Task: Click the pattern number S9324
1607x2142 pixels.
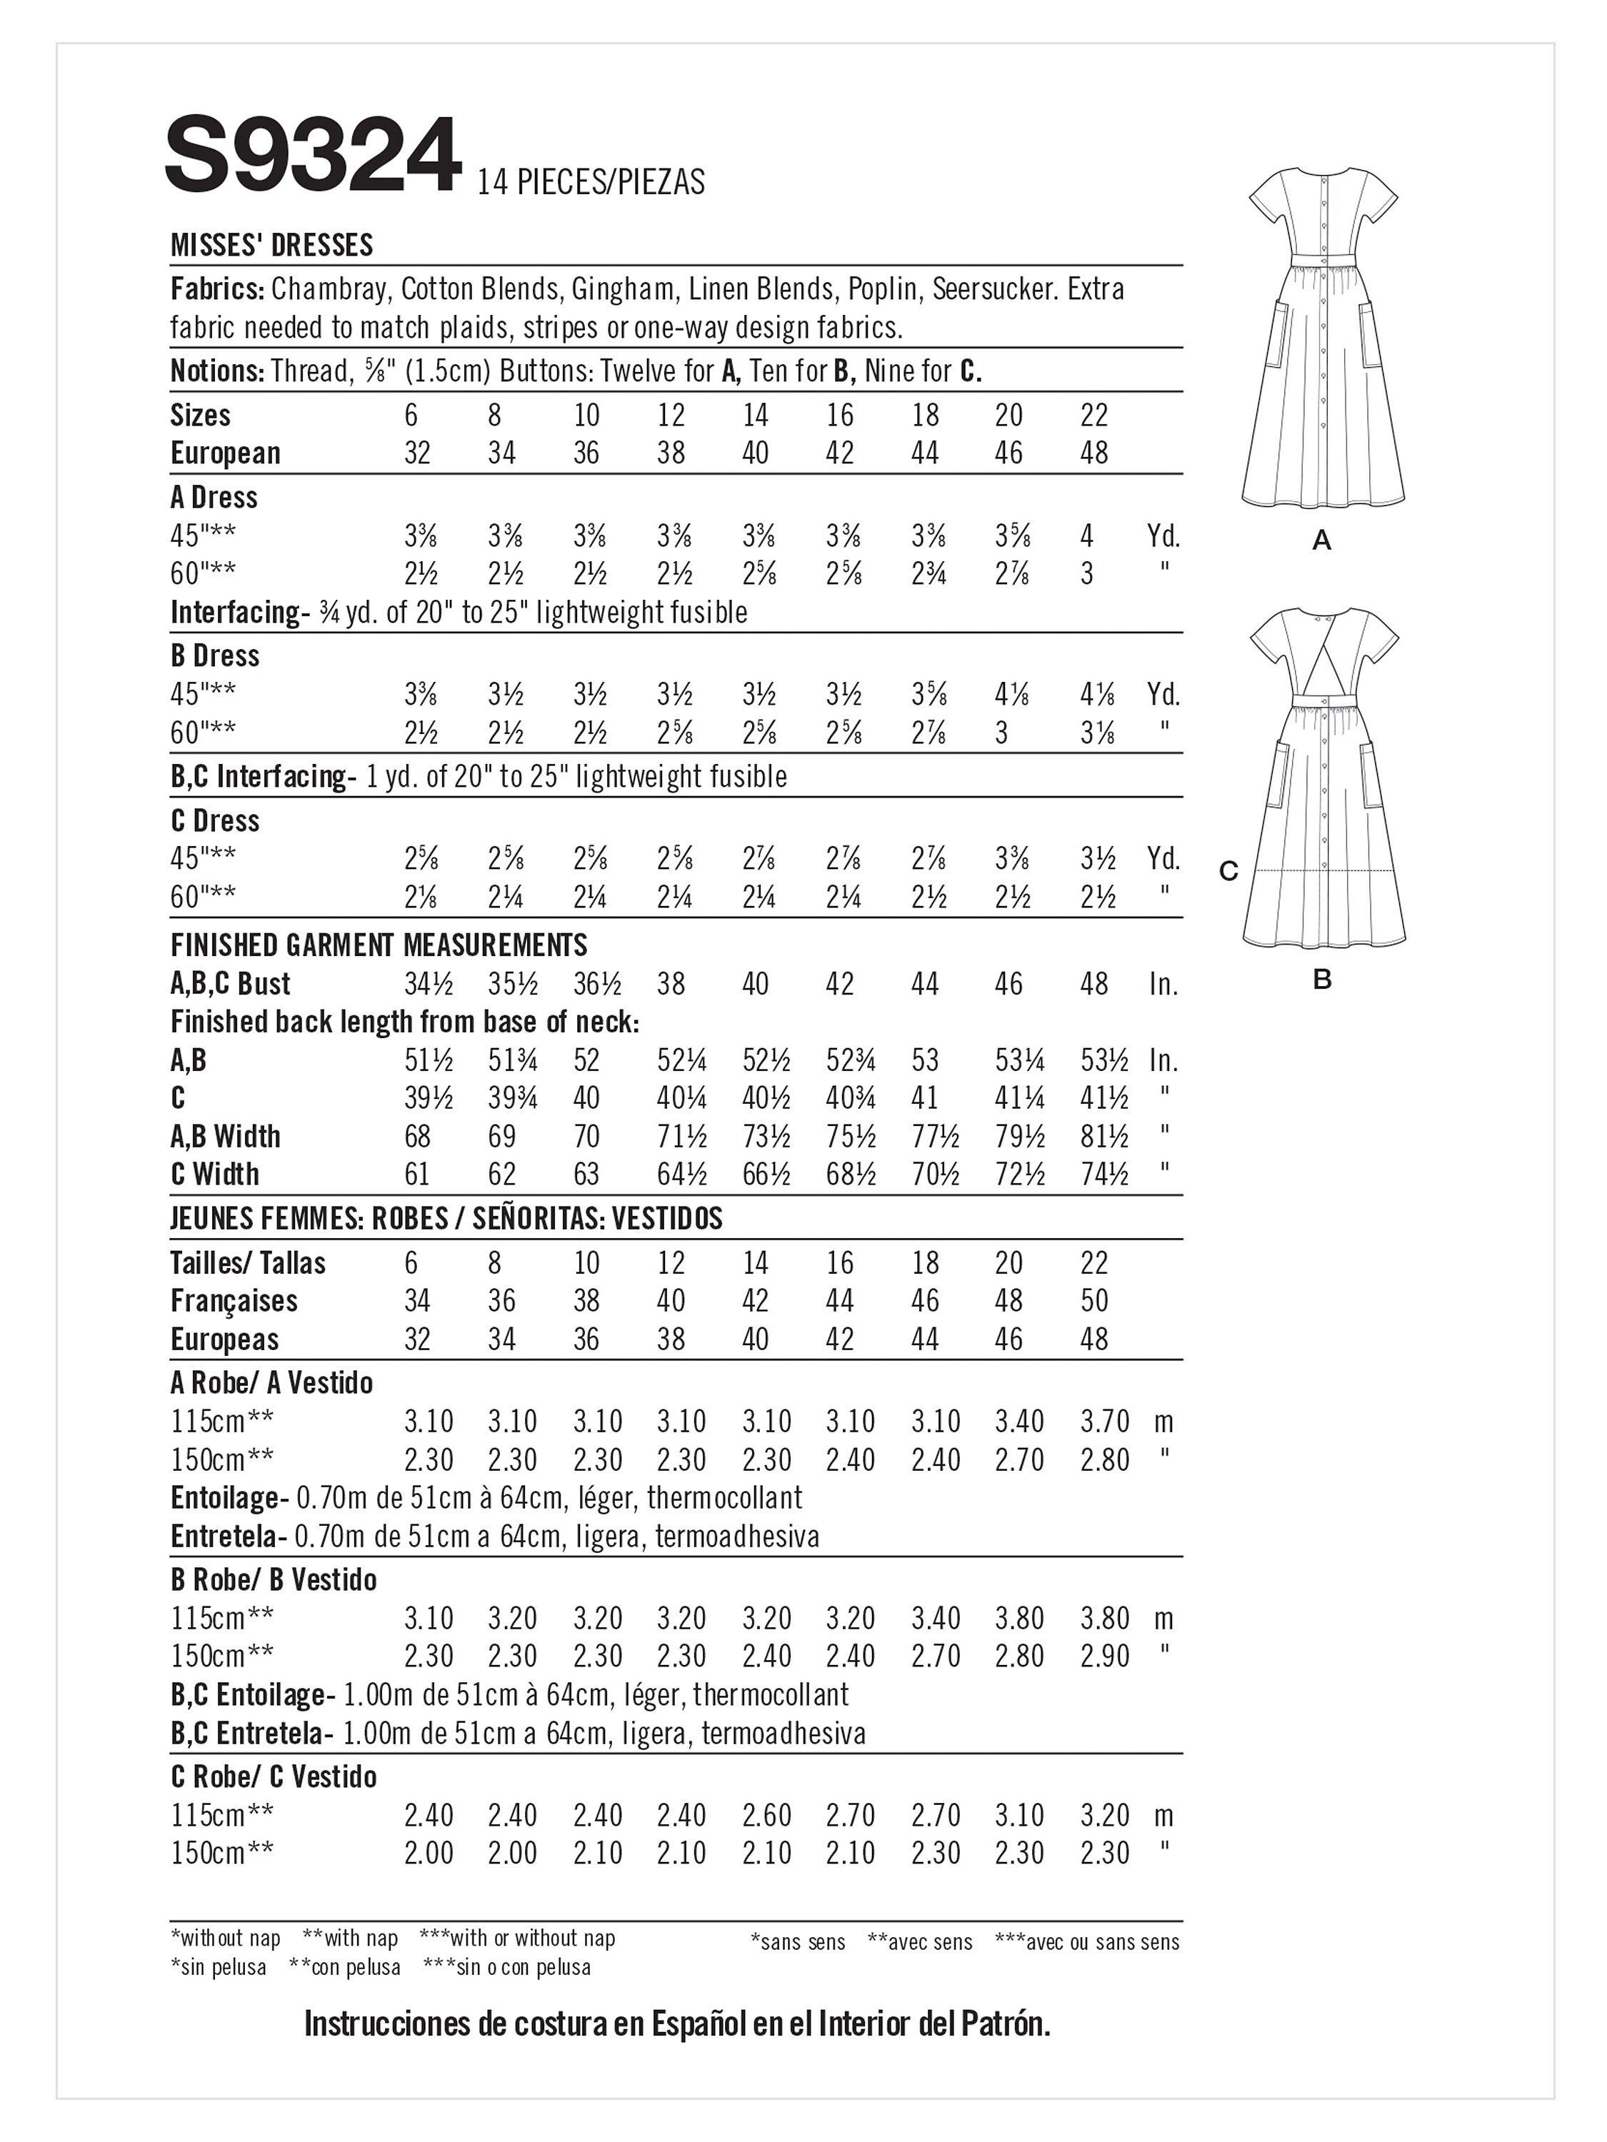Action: point(312,155)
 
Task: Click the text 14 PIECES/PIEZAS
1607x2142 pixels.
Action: point(590,182)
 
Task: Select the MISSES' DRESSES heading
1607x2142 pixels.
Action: point(271,245)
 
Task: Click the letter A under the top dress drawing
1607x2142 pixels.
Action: point(1321,541)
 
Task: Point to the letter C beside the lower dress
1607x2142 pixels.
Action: point(1228,872)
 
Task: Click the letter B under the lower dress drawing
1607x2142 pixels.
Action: point(1321,980)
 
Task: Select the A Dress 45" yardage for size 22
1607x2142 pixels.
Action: point(1087,535)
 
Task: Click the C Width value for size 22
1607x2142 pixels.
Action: point(1104,1174)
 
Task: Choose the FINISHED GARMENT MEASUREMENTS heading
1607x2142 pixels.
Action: point(379,945)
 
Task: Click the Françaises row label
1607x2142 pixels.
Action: point(234,1300)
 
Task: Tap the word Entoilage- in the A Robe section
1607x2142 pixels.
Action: point(229,1498)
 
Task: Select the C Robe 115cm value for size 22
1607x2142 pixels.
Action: point(1104,1815)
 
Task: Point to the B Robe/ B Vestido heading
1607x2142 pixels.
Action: point(273,1579)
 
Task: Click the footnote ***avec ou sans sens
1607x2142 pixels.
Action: point(1087,1941)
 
